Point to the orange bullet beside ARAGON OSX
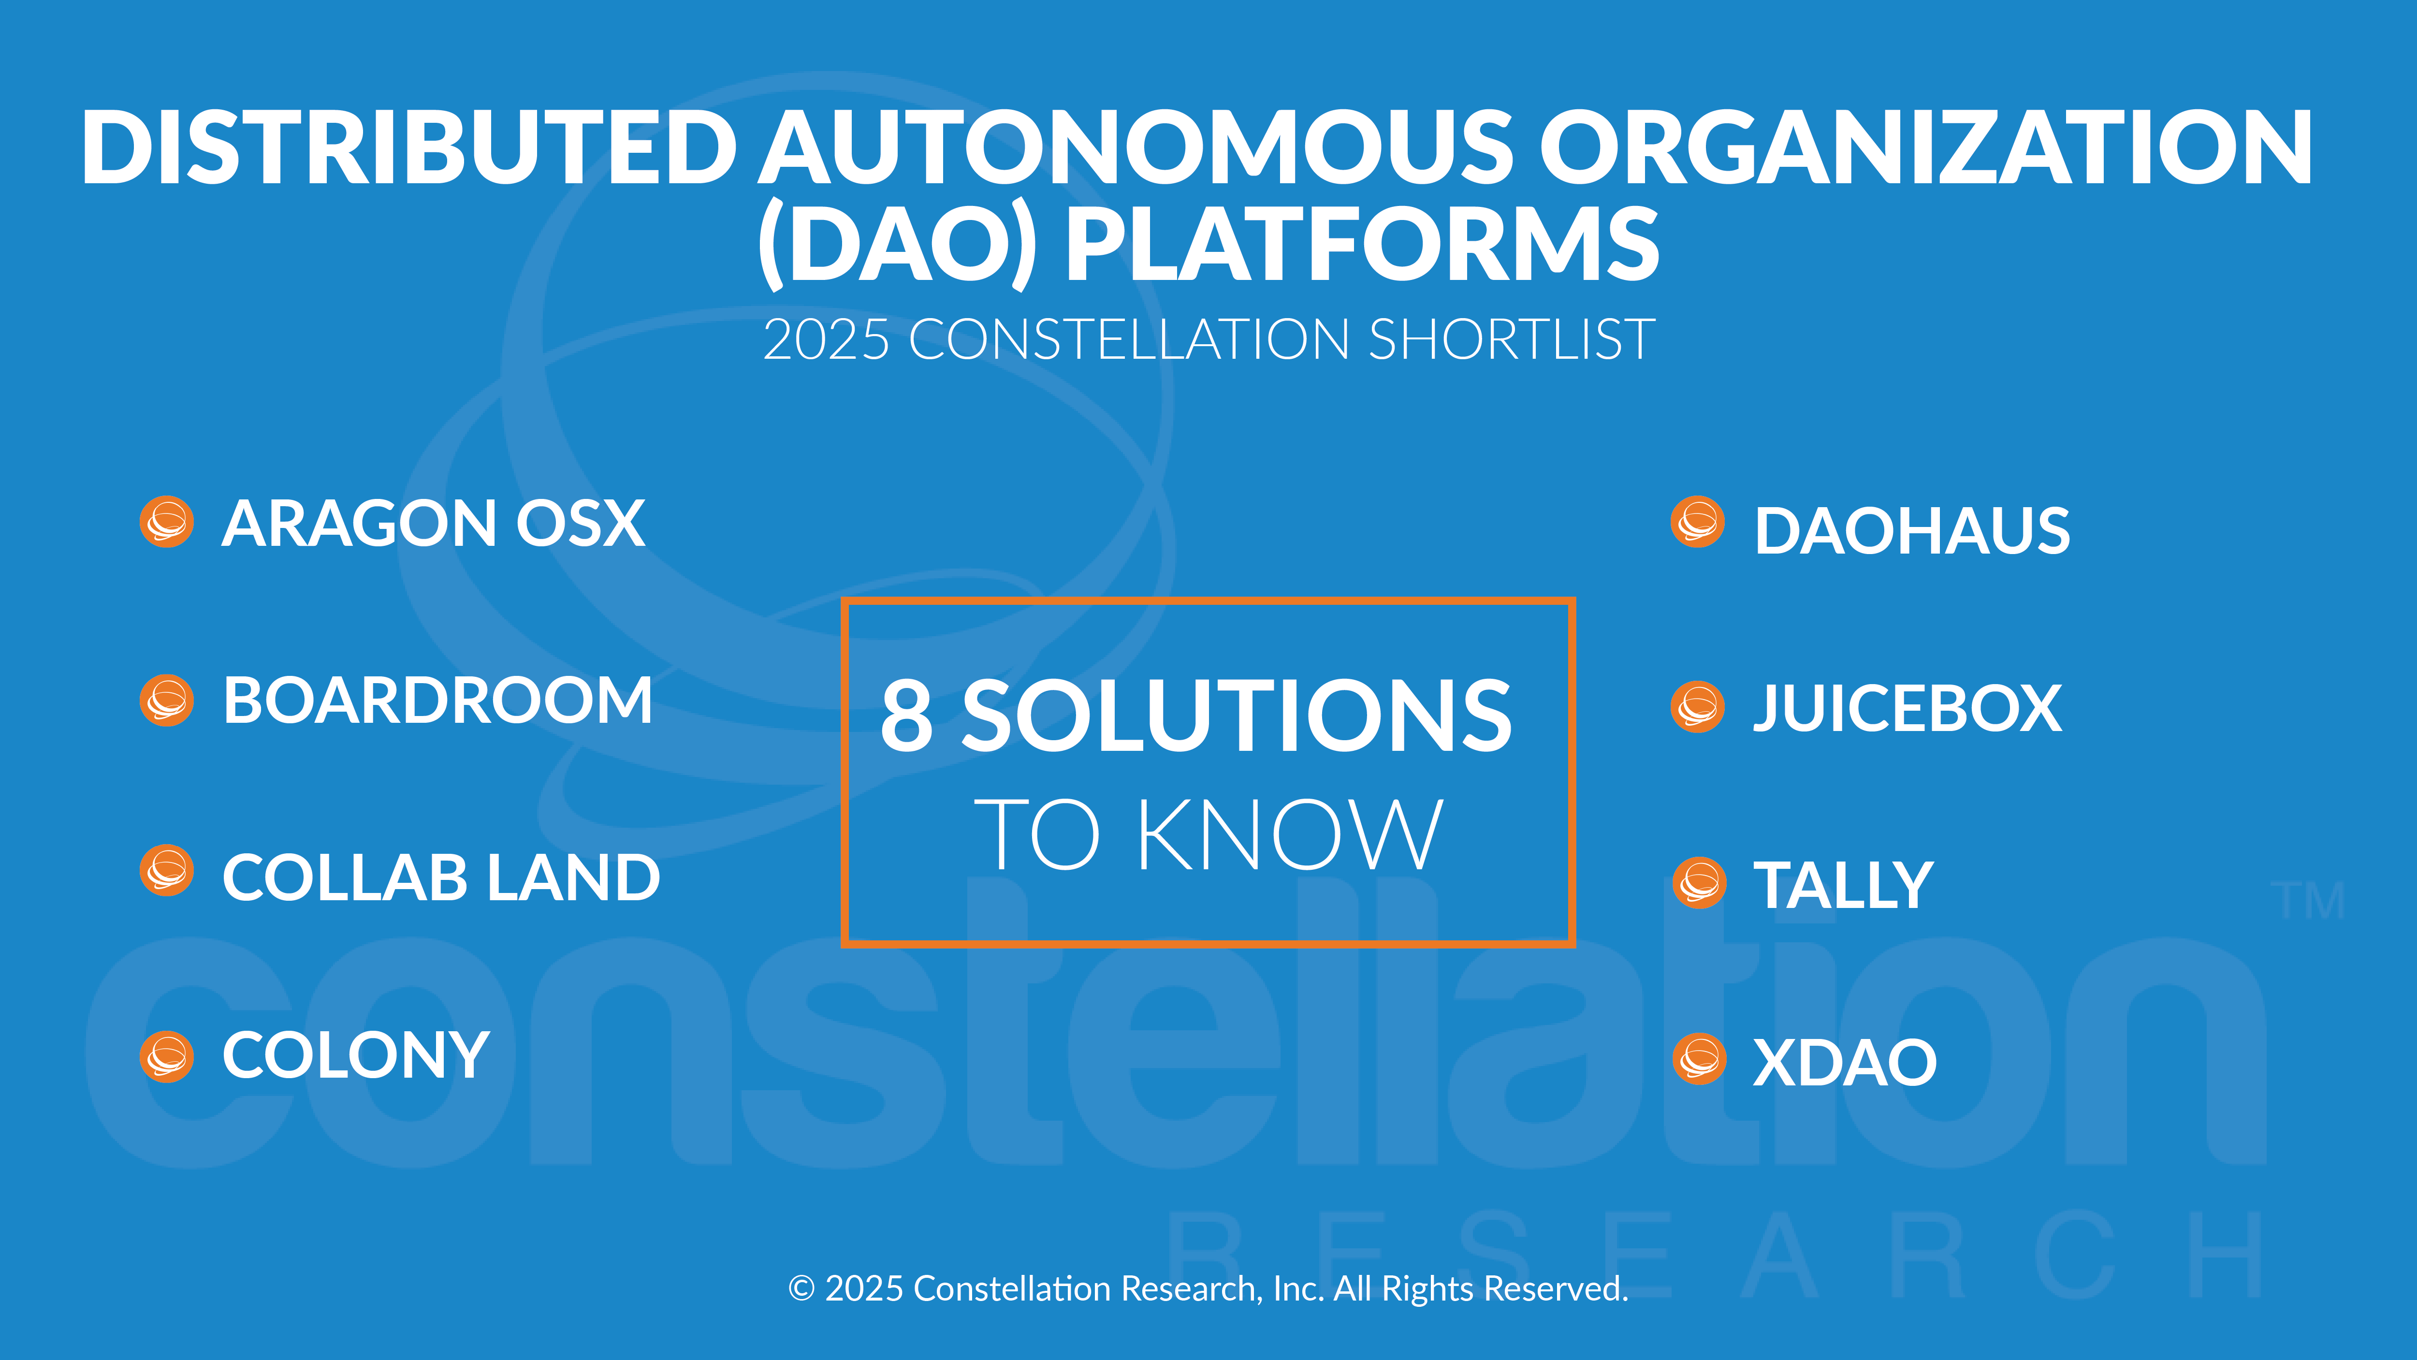pyautogui.click(x=167, y=522)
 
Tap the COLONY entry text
pyautogui.click(x=356, y=1055)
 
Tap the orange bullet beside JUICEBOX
pyautogui.click(x=1698, y=706)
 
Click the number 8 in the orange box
pyautogui.click(x=906, y=715)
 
